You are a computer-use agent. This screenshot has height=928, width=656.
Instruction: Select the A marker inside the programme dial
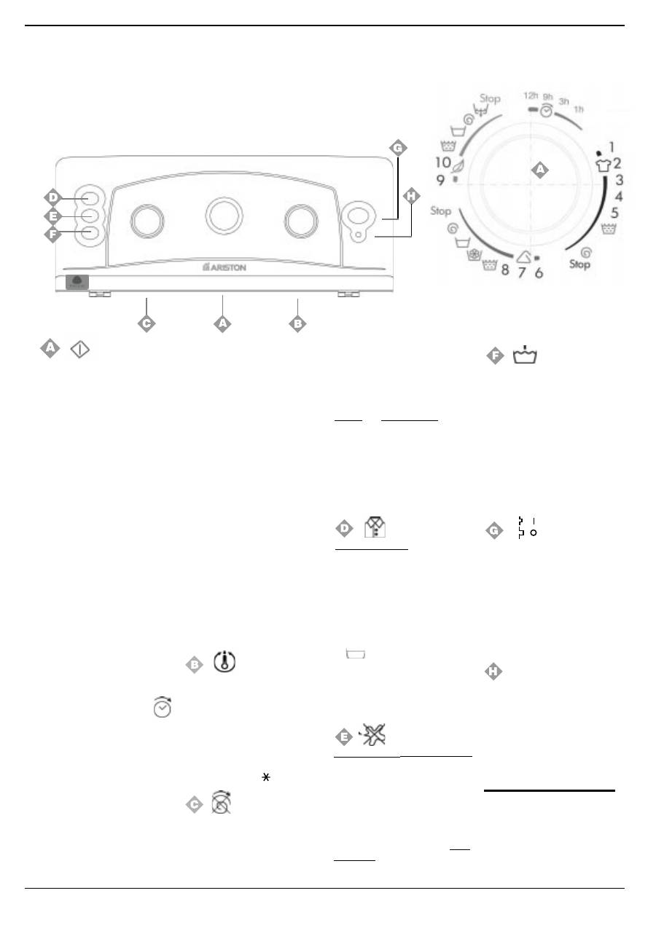click(x=539, y=170)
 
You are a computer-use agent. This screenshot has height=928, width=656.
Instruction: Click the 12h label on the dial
click(x=531, y=95)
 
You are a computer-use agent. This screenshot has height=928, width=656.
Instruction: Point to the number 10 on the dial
click(x=442, y=162)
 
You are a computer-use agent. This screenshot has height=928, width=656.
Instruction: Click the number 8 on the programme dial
click(x=504, y=272)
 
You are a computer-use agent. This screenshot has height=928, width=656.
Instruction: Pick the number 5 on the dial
click(x=614, y=213)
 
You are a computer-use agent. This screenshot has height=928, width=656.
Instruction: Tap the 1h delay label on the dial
click(x=579, y=109)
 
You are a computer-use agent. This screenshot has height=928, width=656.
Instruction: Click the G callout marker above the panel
click(x=397, y=148)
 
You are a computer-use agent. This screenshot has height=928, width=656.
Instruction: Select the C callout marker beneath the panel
click(x=147, y=323)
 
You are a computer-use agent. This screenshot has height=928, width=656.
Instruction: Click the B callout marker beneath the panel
click(x=297, y=323)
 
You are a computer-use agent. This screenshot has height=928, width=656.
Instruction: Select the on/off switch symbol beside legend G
click(x=527, y=527)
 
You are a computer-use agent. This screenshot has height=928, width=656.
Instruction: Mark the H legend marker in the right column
click(x=493, y=672)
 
